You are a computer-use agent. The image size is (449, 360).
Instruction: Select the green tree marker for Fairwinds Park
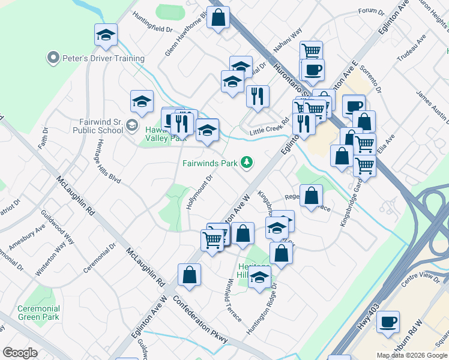tap(246, 162)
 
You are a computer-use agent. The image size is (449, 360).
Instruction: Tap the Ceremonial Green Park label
tap(38, 312)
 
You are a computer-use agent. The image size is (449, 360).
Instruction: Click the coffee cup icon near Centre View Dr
tap(388, 322)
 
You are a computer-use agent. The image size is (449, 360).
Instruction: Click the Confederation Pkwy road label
tap(200, 319)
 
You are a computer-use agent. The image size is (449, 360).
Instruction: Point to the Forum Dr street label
tap(370, 11)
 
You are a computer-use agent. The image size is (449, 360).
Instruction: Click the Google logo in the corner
tap(20, 352)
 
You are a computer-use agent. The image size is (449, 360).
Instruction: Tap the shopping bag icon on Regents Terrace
tap(311, 196)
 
